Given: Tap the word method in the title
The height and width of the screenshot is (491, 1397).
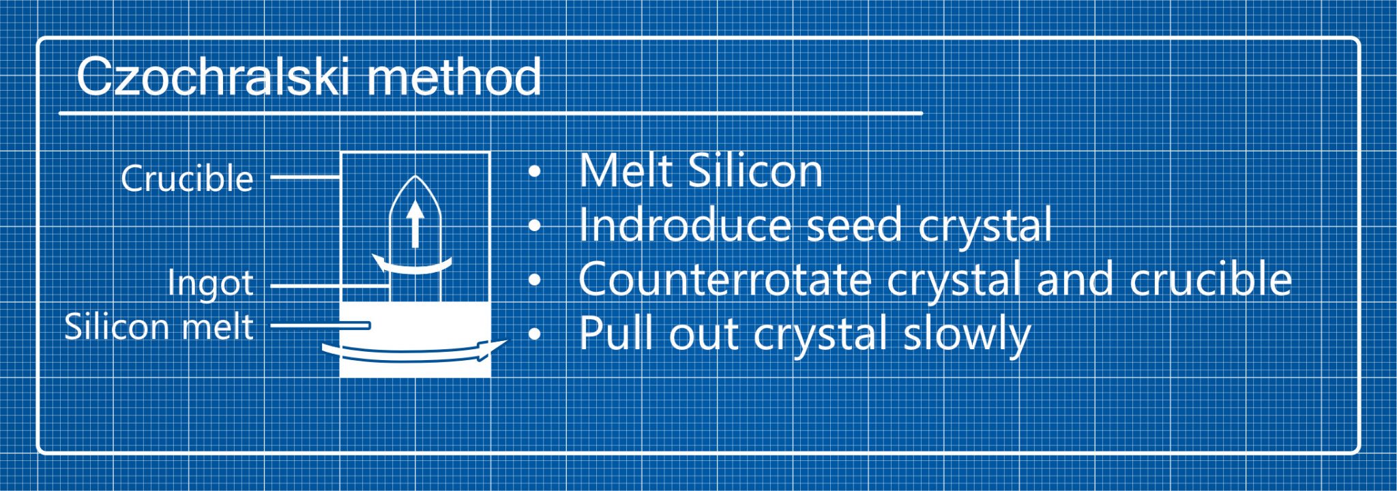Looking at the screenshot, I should tap(454, 77).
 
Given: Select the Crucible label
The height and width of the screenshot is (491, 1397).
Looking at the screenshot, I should tap(187, 179).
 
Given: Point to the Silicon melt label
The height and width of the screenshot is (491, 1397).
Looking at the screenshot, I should tap(159, 327).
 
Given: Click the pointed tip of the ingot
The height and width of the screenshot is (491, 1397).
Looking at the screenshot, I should tap(415, 179).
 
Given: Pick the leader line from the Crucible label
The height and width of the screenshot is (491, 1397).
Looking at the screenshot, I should tap(305, 178).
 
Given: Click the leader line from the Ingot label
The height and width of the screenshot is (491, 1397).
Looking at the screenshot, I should tap(330, 286).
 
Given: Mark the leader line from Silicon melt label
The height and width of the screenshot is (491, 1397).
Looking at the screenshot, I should tap(320, 326).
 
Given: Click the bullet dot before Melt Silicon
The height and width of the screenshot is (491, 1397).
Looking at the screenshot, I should tap(535, 171).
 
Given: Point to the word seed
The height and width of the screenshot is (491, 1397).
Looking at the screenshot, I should tap(855, 225).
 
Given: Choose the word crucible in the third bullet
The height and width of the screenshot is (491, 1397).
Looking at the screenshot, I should tap(1210, 280).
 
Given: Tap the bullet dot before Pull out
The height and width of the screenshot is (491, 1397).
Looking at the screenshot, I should tap(535, 334).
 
